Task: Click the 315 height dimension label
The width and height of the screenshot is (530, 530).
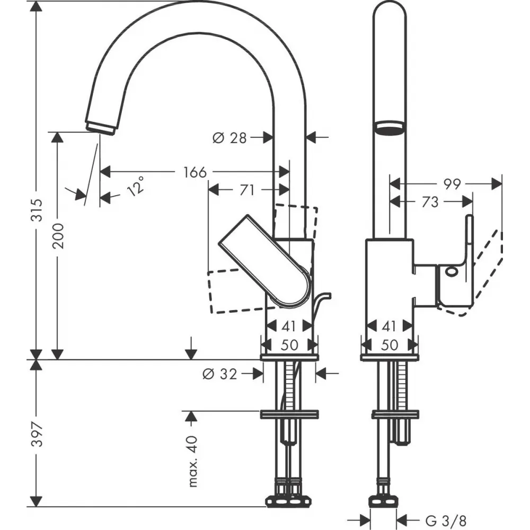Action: tap(37, 210)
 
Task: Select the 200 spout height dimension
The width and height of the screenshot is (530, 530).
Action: tap(58, 236)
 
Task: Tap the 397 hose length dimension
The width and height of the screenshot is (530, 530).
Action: tap(37, 434)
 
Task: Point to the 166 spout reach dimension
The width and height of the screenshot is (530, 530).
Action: tap(195, 172)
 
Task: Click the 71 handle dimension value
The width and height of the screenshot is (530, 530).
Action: tap(247, 190)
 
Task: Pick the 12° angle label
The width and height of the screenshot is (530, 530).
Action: tap(135, 187)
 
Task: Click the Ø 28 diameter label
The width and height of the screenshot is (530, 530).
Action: tap(230, 138)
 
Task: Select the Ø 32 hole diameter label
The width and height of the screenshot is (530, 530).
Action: tap(220, 374)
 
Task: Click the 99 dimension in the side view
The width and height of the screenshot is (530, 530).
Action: tap(452, 184)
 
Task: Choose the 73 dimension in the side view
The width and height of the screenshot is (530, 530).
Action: tap(430, 202)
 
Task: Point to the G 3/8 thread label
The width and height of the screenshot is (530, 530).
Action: tap(446, 520)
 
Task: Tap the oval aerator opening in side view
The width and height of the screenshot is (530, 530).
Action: tap(390, 128)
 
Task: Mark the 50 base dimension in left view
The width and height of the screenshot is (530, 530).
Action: tap(290, 345)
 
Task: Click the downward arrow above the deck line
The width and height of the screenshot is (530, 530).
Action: tap(191, 348)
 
